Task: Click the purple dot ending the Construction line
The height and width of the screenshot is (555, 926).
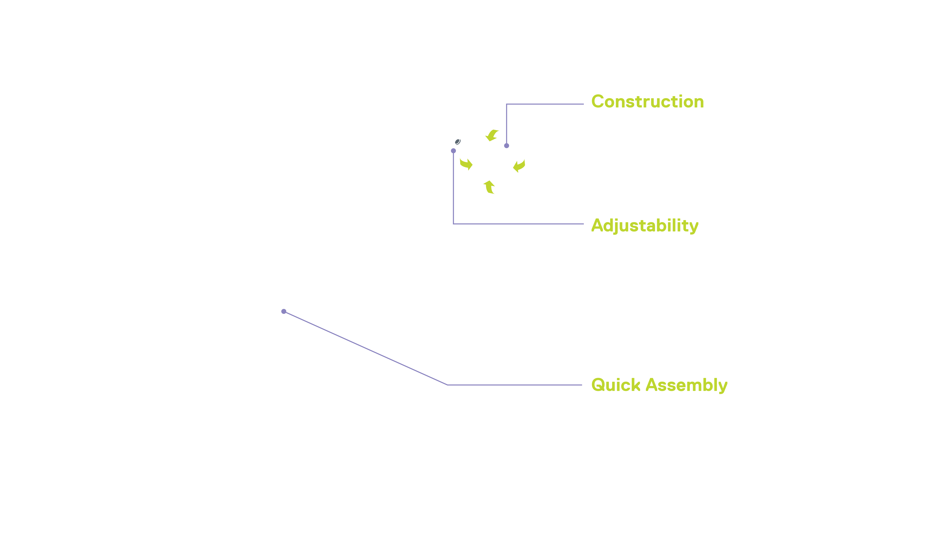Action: (506, 146)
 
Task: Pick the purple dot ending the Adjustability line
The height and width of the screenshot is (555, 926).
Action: (453, 151)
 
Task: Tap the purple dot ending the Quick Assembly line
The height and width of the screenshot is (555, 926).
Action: (284, 311)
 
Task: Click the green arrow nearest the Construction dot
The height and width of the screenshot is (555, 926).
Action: (492, 135)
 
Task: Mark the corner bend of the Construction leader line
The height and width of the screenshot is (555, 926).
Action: (506, 104)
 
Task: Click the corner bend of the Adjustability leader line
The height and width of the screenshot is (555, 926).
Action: (453, 224)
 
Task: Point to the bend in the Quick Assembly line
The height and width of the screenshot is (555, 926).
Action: (447, 385)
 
